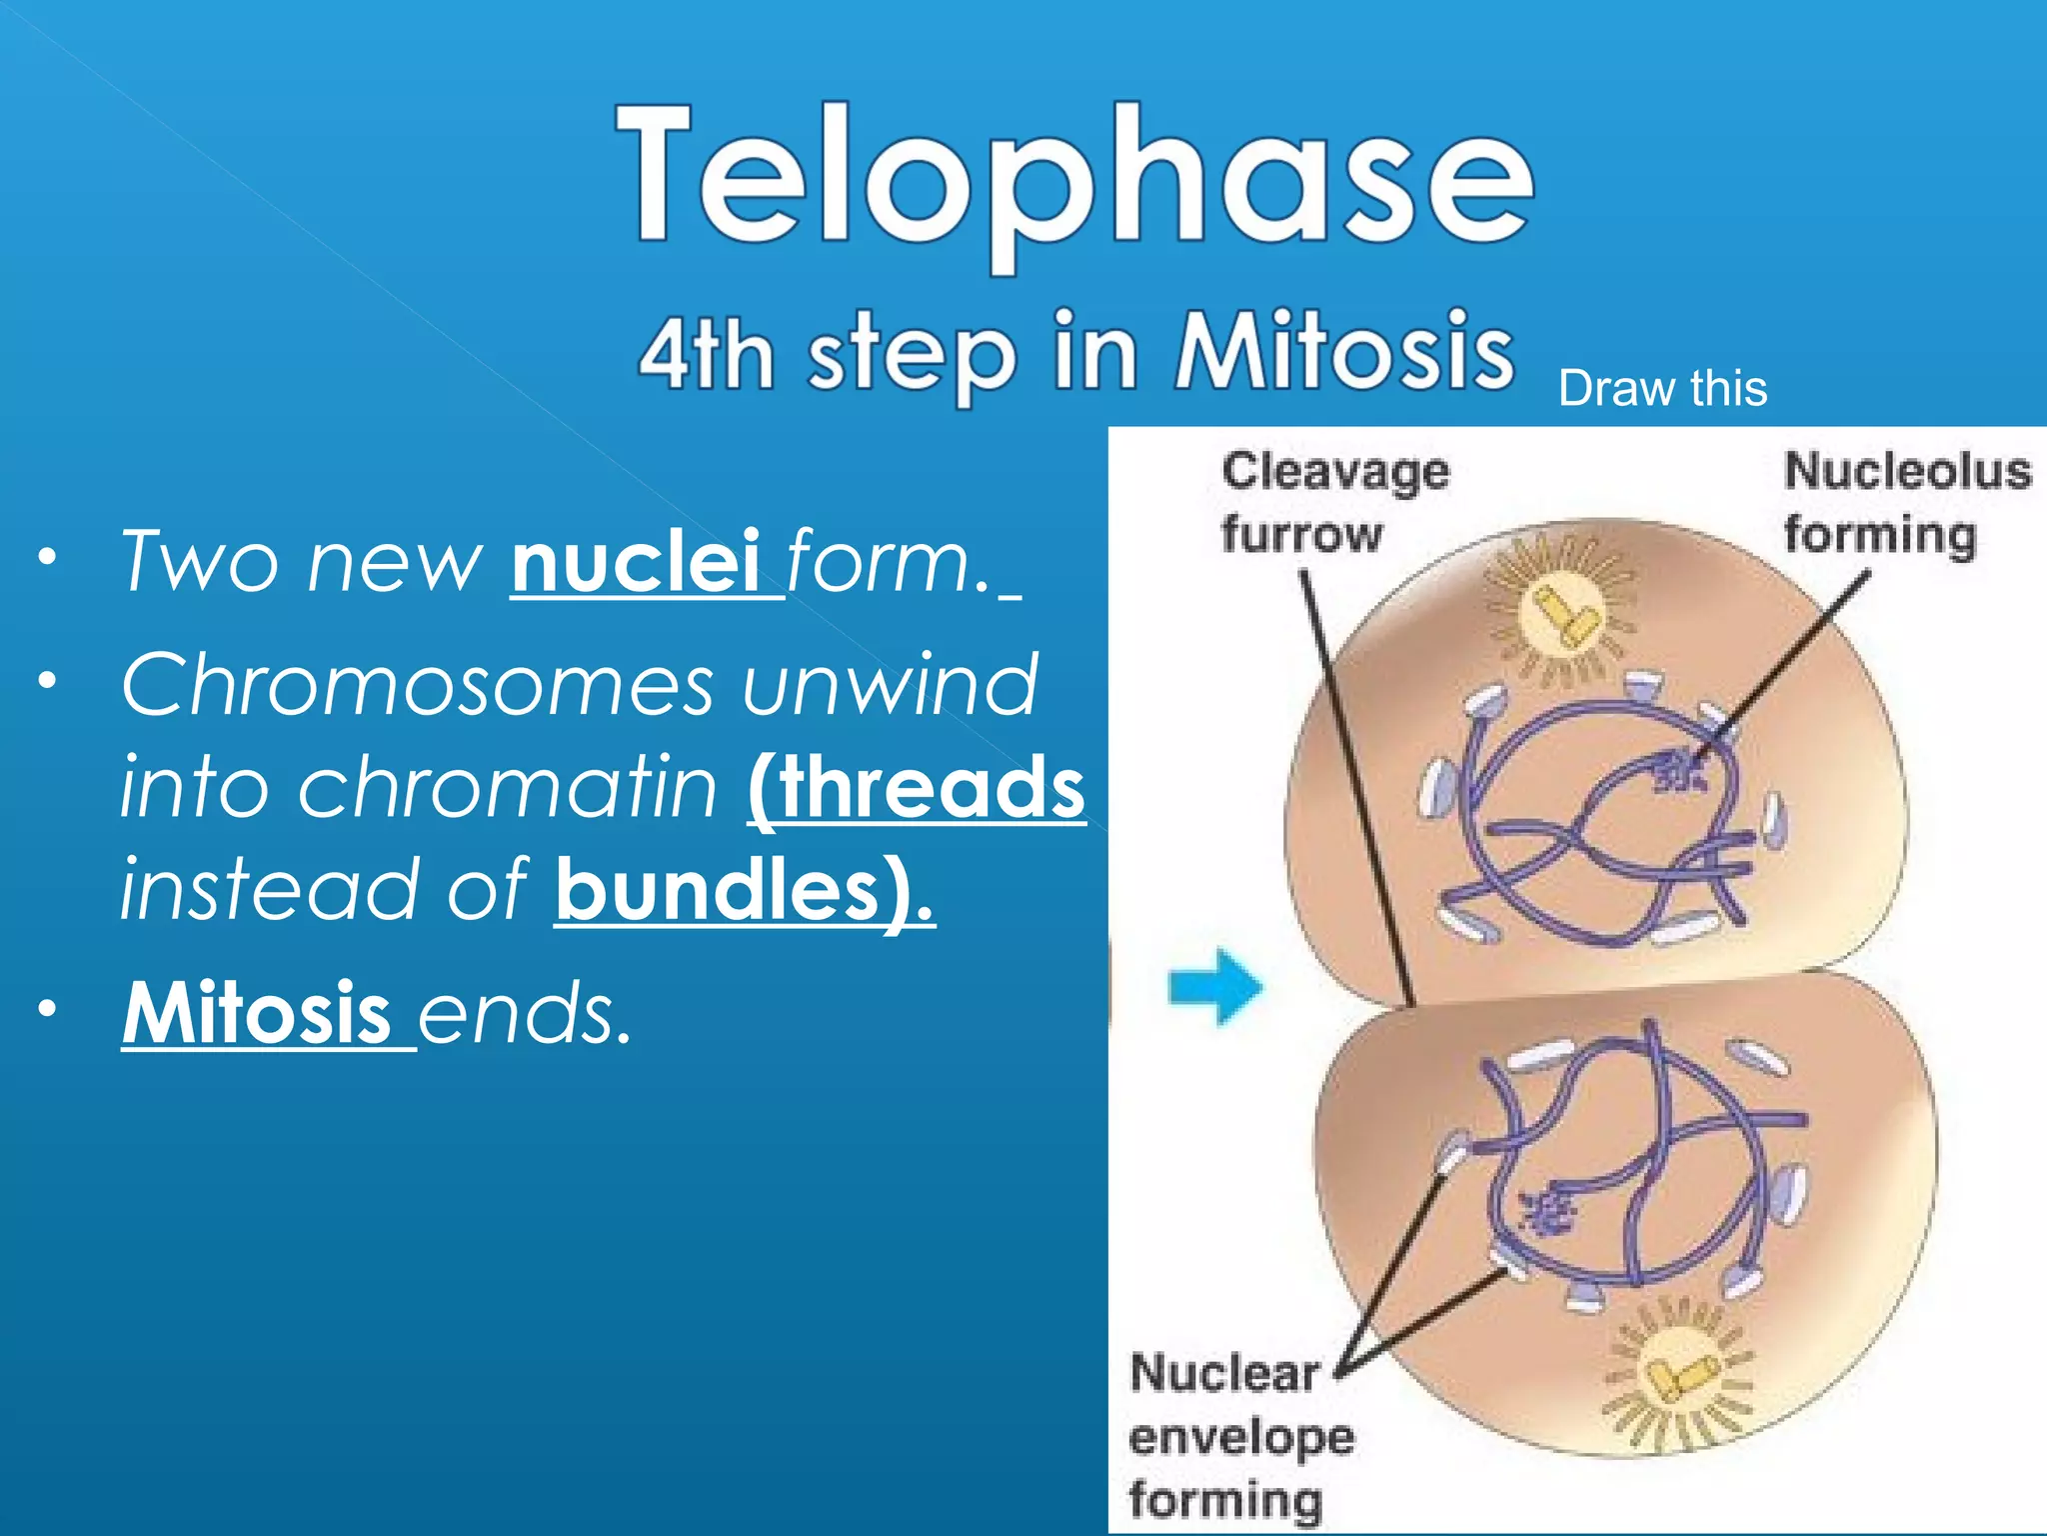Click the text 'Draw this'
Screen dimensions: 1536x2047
click(1662, 388)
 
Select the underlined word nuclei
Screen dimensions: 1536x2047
click(637, 562)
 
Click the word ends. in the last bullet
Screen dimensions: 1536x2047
click(525, 1013)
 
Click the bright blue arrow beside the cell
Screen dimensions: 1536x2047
click(1215, 987)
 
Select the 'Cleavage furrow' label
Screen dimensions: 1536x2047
click(1334, 502)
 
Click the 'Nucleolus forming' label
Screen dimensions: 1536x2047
click(1906, 502)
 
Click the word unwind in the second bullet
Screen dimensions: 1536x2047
click(890, 685)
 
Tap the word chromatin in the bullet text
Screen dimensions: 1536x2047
click(508, 787)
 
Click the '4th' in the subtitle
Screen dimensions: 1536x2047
click(706, 354)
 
